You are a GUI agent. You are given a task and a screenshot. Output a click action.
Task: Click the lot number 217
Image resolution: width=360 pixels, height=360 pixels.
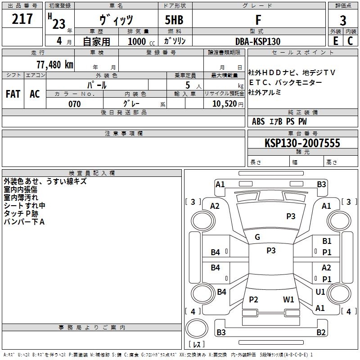(x=22, y=19)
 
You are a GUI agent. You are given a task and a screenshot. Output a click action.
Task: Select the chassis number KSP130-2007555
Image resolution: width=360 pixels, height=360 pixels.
(x=302, y=144)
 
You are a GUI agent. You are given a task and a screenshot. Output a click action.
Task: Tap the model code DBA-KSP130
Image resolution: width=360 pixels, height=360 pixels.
(x=258, y=41)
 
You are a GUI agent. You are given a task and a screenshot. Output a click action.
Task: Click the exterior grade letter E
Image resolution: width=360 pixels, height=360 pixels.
(x=335, y=41)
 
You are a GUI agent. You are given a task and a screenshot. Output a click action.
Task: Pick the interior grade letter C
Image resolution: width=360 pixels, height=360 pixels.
(x=350, y=41)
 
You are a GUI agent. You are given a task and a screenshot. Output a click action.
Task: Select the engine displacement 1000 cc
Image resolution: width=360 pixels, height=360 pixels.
(x=139, y=41)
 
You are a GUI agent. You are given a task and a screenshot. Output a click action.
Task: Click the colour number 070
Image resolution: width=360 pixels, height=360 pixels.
(x=74, y=104)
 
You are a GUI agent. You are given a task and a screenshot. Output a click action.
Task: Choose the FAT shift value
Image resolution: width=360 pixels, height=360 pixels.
(x=13, y=94)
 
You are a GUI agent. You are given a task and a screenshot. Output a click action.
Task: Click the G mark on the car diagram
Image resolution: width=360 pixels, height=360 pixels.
(x=257, y=237)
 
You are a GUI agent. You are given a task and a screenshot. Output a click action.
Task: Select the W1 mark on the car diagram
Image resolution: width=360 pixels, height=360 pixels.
(x=288, y=299)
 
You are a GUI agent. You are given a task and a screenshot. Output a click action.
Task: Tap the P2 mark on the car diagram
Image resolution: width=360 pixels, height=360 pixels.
(x=253, y=299)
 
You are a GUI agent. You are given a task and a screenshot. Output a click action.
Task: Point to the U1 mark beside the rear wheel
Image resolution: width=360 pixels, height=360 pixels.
(x=320, y=292)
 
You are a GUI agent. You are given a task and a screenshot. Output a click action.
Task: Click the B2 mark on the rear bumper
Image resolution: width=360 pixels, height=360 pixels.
(x=321, y=333)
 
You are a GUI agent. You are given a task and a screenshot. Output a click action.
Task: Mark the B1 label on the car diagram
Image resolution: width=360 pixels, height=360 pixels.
(x=327, y=242)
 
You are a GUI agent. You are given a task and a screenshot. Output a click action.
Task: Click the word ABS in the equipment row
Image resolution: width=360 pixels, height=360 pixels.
(x=258, y=121)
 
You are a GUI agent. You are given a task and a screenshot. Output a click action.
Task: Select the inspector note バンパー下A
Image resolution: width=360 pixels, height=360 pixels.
(x=24, y=222)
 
